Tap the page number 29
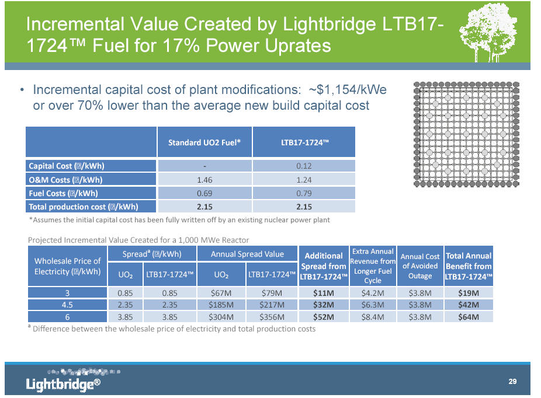pos(512,382)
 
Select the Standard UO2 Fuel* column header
pos(204,142)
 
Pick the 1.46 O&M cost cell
pos(204,180)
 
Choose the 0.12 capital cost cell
pos(304,166)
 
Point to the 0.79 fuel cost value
pos(304,193)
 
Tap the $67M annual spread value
pos(221,292)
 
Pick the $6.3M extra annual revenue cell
pos(373,305)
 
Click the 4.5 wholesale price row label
pos(68,305)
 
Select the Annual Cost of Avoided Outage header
pos(420,266)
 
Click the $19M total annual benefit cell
pos(469,292)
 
